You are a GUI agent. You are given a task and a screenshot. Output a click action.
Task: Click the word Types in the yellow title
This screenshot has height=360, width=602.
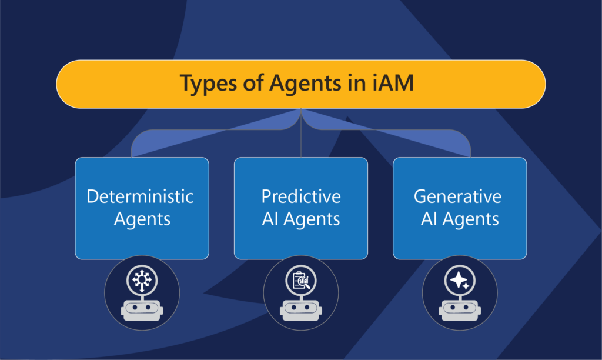[208, 84]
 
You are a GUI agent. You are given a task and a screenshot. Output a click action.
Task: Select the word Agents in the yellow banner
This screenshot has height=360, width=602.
[305, 84]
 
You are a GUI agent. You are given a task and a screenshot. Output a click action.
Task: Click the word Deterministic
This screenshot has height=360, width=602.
[140, 196]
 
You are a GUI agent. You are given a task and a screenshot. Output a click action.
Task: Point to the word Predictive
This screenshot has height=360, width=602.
[301, 196]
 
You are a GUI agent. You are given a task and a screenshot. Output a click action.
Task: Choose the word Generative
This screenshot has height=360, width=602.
[457, 196]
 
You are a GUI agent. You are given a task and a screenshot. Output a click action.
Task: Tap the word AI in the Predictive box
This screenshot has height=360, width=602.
[270, 219]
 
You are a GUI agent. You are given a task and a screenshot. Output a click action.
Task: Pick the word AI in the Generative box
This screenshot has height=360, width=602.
[429, 219]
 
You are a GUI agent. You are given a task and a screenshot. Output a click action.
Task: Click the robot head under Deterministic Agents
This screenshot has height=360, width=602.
[142, 309]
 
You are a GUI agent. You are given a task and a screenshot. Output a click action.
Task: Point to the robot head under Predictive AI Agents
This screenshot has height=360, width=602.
[301, 309]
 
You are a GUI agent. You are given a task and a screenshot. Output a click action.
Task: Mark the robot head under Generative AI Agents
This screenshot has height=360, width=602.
[460, 309]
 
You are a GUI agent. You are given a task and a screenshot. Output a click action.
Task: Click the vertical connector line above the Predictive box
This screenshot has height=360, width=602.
[301, 133]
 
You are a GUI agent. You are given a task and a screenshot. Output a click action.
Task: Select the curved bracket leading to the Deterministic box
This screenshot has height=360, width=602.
[215, 130]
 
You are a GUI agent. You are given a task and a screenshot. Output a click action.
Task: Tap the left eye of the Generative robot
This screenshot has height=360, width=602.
[453, 308]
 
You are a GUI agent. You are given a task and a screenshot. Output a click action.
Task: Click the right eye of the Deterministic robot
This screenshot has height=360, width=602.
[148, 308]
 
